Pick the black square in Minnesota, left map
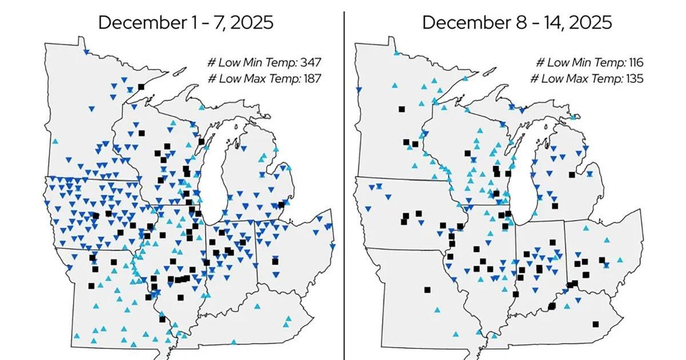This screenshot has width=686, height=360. [141, 87]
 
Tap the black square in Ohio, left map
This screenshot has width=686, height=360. [275, 262]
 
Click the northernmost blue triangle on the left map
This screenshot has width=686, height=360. [85, 52]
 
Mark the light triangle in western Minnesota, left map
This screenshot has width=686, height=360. [55, 141]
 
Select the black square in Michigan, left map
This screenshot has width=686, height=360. [281, 205]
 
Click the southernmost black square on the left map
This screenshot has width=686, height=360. [162, 319]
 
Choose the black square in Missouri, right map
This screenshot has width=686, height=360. [427, 290]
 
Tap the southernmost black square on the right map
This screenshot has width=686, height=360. [595, 324]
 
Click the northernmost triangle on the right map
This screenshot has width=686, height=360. [396, 53]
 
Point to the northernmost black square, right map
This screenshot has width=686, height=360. [402, 109]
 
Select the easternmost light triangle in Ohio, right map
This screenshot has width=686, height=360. [620, 260]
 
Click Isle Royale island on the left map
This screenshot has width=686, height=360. [179, 73]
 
